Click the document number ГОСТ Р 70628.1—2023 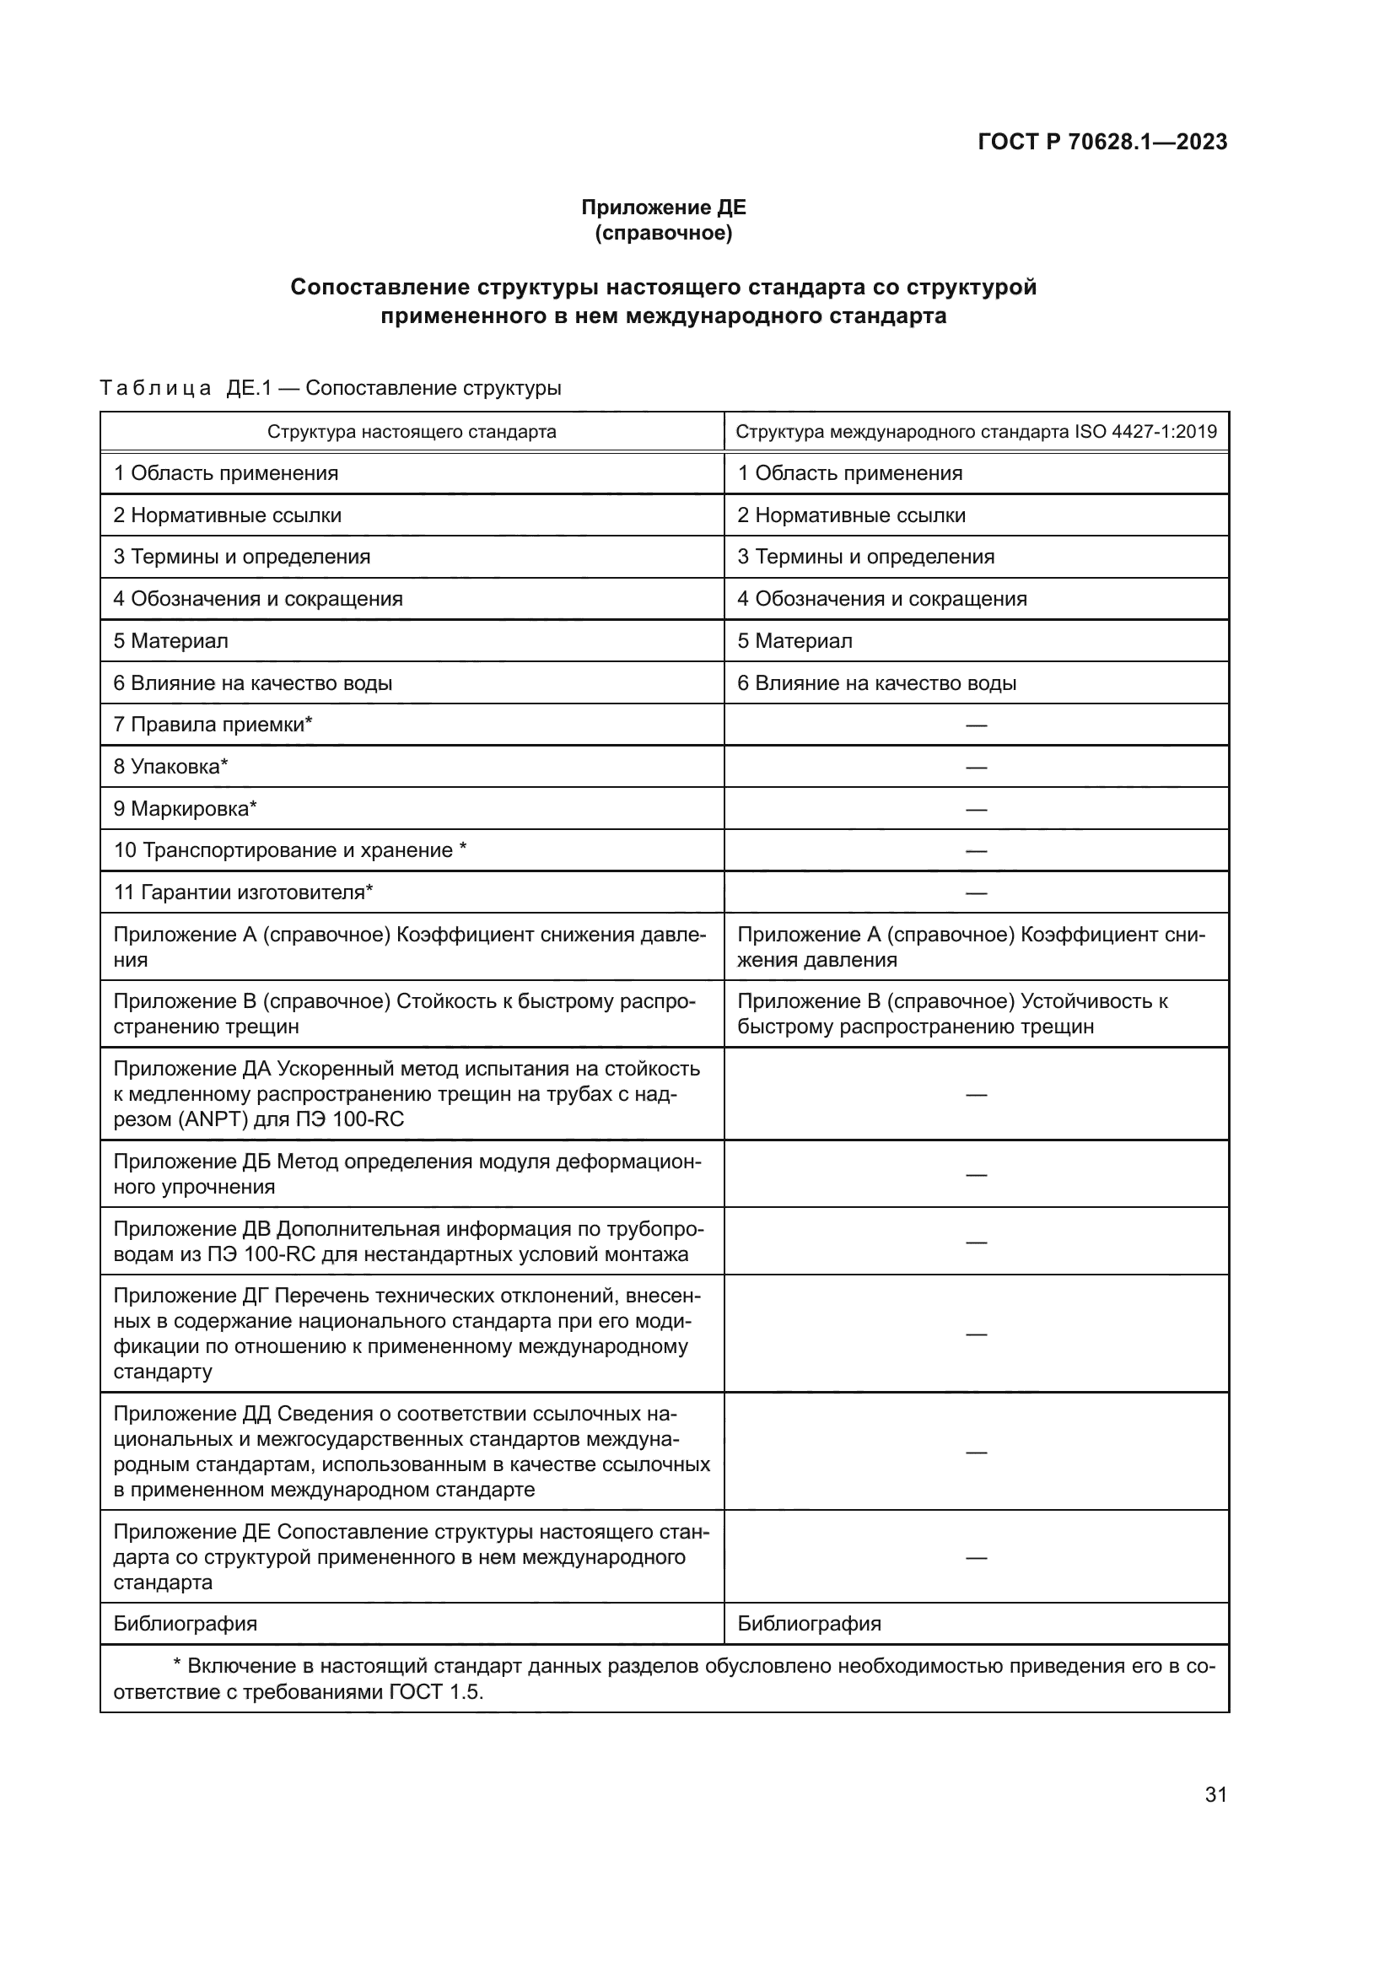tap(1102, 142)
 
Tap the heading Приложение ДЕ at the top tap(663, 208)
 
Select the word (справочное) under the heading tap(663, 233)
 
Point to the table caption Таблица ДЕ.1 tap(186, 388)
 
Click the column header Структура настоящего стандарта tap(412, 431)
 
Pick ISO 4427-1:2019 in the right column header tap(1145, 431)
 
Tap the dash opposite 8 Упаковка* tap(976, 767)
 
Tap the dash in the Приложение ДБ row tap(976, 1174)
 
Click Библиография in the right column tap(809, 1623)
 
